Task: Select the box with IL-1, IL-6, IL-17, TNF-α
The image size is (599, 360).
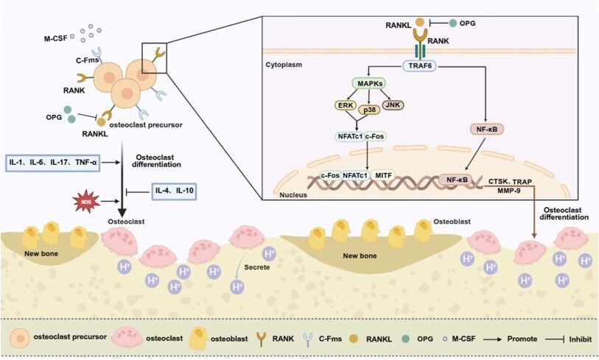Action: [x=52, y=161]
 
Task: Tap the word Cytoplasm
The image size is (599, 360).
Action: [x=283, y=66]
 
